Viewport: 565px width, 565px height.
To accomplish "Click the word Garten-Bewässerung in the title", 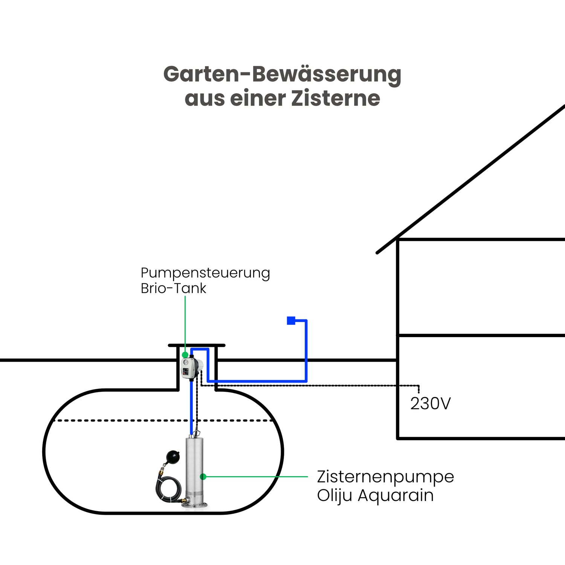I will [282, 74].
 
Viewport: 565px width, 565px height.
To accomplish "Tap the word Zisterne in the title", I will [336, 99].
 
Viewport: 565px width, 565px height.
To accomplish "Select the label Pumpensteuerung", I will [205, 273].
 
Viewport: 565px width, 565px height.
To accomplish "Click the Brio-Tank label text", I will [173, 289].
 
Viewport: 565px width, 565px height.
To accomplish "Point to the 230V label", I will [430, 404].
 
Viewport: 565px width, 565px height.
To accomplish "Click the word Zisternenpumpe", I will [385, 477].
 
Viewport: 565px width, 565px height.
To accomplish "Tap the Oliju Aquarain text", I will [375, 495].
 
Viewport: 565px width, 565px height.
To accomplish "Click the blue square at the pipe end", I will [291, 321].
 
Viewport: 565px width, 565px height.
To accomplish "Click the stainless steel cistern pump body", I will [194, 467].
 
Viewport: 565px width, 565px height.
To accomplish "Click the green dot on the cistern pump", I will [203, 477].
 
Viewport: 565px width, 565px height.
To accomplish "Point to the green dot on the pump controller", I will [185, 355].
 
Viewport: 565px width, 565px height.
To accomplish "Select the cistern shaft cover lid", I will [197, 345].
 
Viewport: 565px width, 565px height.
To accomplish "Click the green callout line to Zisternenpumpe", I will [256, 477].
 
